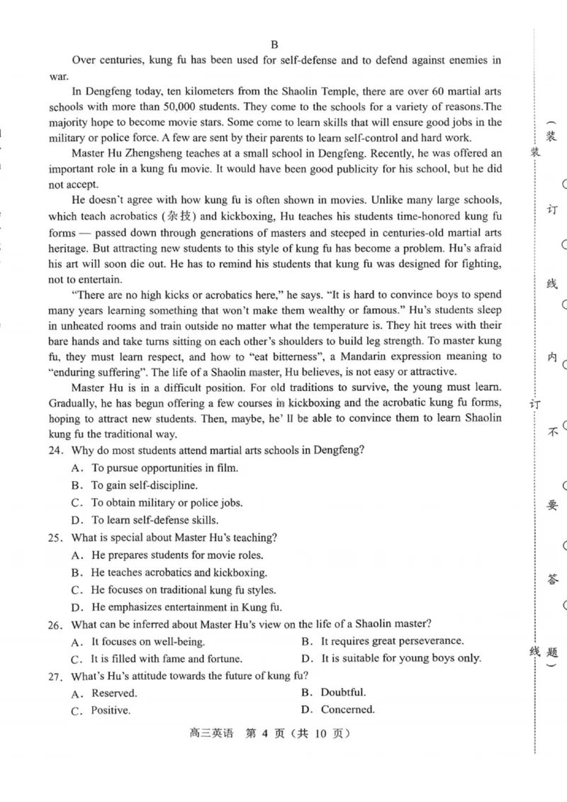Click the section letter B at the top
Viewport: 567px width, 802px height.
tap(275, 44)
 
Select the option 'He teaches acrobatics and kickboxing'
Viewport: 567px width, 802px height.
tap(179, 572)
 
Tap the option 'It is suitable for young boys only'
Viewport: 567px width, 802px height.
tap(400, 658)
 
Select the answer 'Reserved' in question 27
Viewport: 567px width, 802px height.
tap(113, 693)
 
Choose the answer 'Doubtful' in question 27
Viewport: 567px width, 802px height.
tap(343, 692)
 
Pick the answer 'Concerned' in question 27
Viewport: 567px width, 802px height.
tap(347, 710)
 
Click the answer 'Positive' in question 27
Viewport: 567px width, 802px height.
tap(111, 711)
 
